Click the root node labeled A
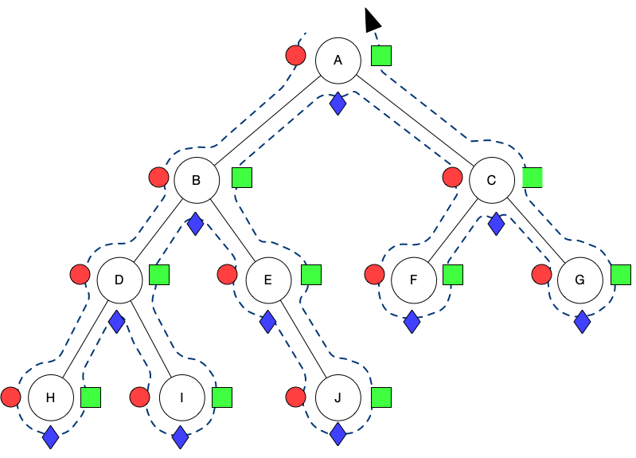click(x=338, y=61)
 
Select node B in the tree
click(x=197, y=180)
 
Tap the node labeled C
click(x=491, y=180)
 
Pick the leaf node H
click(x=50, y=397)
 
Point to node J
click(x=338, y=397)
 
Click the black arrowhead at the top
click(x=371, y=20)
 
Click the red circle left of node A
click(x=296, y=56)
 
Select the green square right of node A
click(x=382, y=56)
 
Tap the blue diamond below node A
click(x=338, y=103)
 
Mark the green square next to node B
click(x=242, y=177)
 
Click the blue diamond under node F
click(x=412, y=322)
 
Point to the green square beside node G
click(x=621, y=275)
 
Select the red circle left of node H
click(x=10, y=397)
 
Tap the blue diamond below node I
click(x=181, y=436)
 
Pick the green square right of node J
click(x=382, y=397)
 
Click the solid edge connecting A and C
click(x=414, y=120)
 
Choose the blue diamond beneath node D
click(x=117, y=322)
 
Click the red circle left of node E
click(x=227, y=275)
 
